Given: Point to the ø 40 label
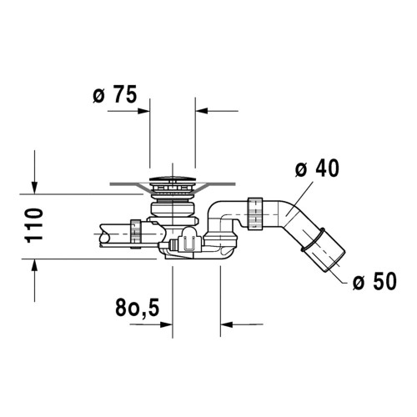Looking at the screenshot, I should point(317,168).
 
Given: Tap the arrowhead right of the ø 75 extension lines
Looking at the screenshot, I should point(201,109).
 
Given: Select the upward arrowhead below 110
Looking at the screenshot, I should point(34,264).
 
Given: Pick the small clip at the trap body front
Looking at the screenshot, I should point(187,244).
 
